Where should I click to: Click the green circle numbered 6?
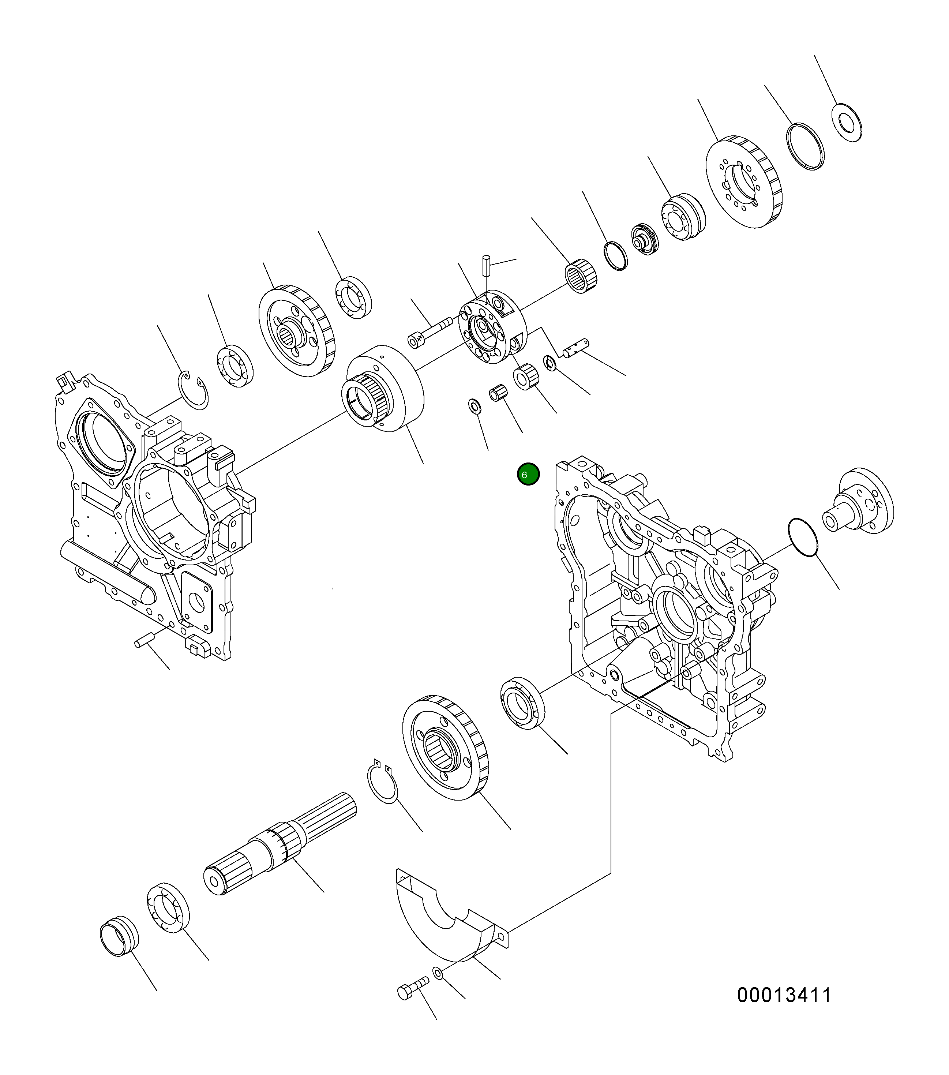(x=528, y=475)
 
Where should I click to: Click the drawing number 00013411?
(x=784, y=995)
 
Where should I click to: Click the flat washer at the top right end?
(x=847, y=123)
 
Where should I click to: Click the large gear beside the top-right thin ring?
(x=743, y=181)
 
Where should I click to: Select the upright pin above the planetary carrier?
(x=486, y=265)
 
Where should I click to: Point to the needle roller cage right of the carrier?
(x=581, y=276)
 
